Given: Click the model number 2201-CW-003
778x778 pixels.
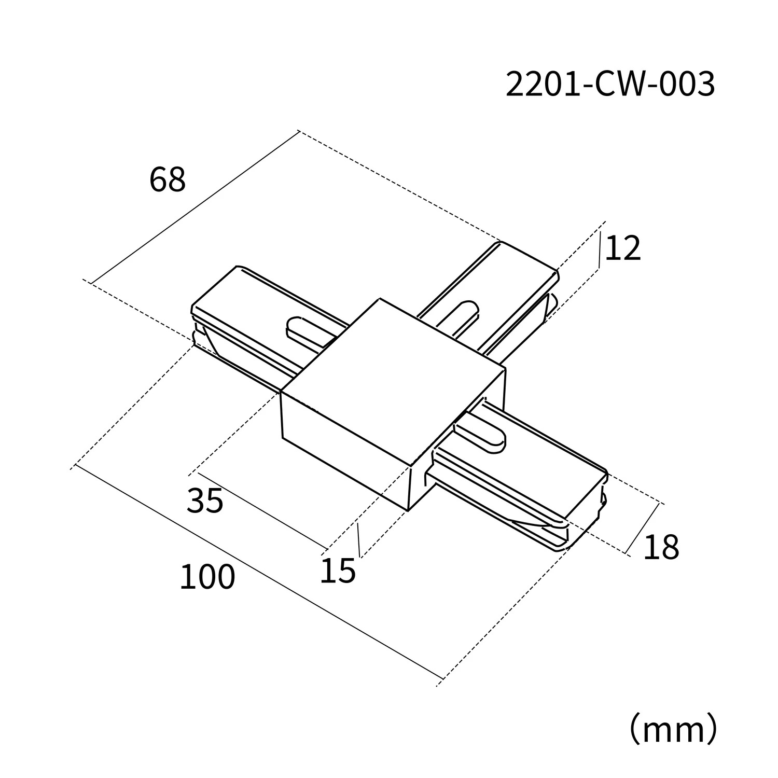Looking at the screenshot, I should (610, 84).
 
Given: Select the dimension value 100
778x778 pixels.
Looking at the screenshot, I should (207, 577).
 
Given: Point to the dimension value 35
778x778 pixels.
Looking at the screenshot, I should (205, 502).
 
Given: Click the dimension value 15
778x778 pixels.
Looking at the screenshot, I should (338, 571).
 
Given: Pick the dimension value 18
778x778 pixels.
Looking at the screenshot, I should (661, 547).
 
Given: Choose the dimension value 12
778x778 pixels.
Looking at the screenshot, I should (623, 248).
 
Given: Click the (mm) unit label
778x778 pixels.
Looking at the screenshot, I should (673, 729).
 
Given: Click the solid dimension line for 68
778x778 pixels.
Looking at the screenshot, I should (195, 207).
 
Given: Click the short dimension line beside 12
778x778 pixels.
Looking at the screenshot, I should (600, 251).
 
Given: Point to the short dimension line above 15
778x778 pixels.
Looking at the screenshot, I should (358, 540).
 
